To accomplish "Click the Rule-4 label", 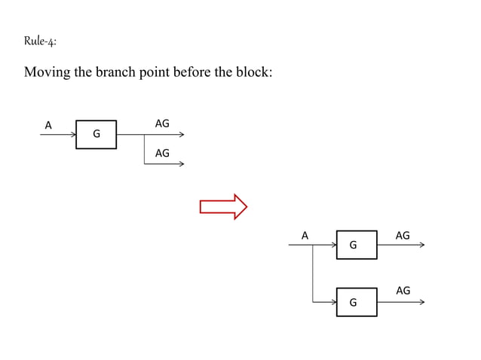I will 39,41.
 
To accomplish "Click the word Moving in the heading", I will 48,74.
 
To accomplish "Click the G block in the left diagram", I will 96,134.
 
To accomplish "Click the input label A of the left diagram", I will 48,125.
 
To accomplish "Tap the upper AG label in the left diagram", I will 162,124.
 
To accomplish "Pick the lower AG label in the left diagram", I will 162,153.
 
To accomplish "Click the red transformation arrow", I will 223,206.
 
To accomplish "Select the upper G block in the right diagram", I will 357,245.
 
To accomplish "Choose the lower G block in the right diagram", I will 357,302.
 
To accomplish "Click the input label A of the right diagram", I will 305,236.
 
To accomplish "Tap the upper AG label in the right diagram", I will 403,236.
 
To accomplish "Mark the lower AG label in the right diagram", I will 403,291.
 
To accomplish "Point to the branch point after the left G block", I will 144,135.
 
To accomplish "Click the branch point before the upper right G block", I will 312,246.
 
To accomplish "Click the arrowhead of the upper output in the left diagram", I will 181,135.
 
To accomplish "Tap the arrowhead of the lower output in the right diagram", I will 421,302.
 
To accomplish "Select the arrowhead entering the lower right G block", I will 334,302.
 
